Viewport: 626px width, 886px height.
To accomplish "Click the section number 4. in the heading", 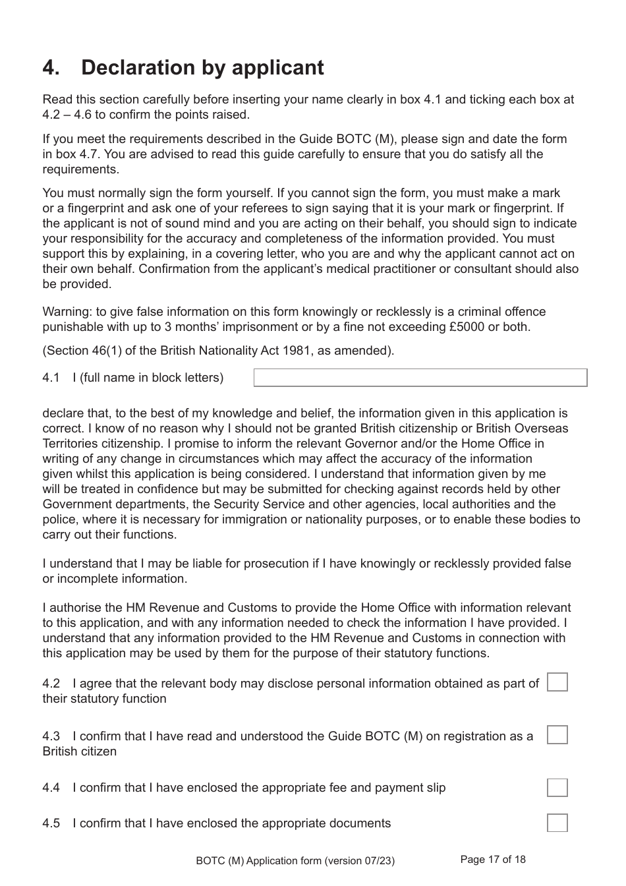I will (52, 68).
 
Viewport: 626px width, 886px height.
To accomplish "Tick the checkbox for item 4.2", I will (557, 682).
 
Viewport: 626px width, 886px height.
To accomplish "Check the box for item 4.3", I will (557, 734).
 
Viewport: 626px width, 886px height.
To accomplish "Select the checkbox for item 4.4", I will (557, 787).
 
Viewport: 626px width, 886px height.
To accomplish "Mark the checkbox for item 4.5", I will (557, 823).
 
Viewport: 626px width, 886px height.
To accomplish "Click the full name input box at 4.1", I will (420, 378).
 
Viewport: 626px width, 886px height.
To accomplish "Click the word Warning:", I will (67, 312).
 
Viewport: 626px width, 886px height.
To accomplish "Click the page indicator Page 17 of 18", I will (493, 859).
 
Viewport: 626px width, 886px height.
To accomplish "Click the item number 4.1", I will (51, 378).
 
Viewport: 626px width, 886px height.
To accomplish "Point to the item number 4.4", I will (51, 788).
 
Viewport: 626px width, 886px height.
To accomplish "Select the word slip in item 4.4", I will (434, 788).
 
